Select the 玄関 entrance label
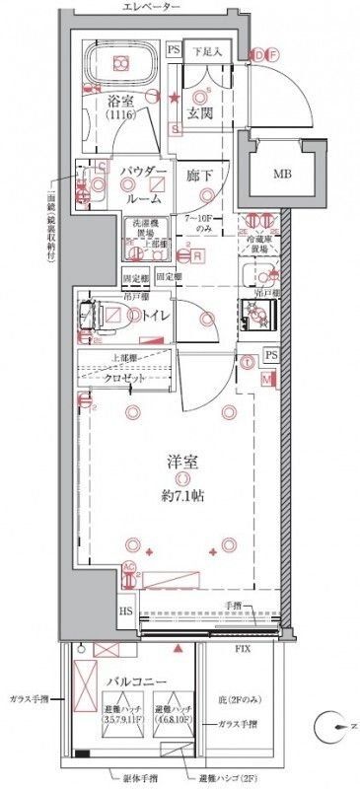[200, 113]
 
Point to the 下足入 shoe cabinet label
[206, 48]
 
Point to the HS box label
[127, 611]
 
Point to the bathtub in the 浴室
[121, 63]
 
